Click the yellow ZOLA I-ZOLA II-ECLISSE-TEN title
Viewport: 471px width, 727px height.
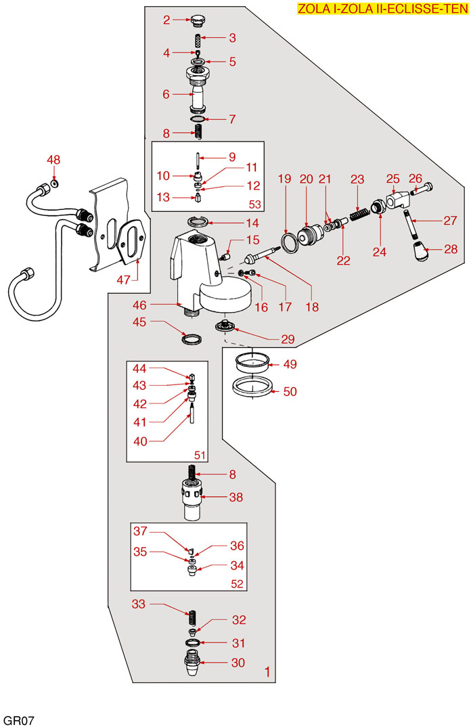pyautogui.click(x=382, y=9)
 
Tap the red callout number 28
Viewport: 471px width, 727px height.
pyautogui.click(x=451, y=249)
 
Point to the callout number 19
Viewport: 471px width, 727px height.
pyautogui.click(x=284, y=179)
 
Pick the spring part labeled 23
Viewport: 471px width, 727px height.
pyautogui.click(x=358, y=219)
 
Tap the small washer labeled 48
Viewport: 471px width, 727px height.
pyautogui.click(x=55, y=183)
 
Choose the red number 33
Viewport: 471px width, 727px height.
pyautogui.click(x=139, y=604)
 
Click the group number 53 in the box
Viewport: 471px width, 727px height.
pyautogui.click(x=255, y=204)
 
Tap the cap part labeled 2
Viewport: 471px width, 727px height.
pyautogui.click(x=198, y=19)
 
